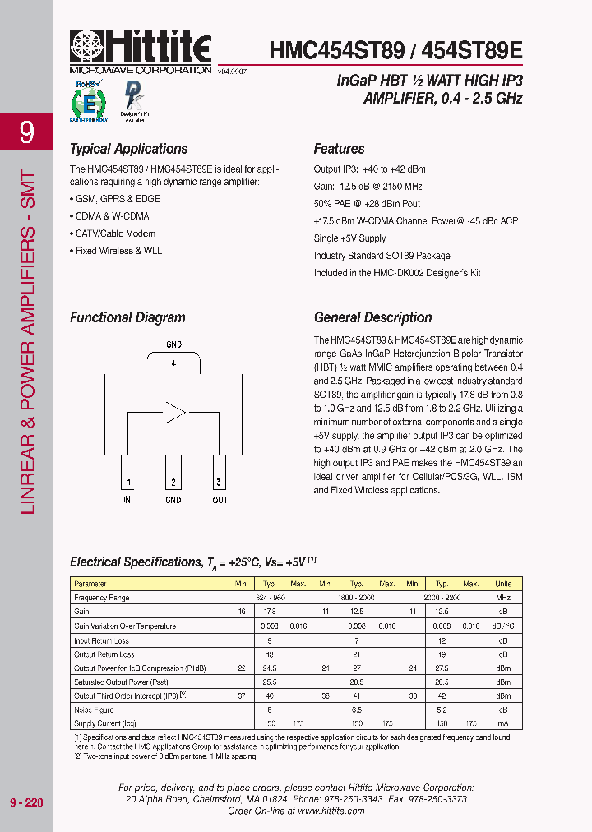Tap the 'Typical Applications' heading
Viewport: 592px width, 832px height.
coord(128,149)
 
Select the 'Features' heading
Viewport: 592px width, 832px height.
coord(339,149)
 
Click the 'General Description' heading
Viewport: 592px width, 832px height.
coord(372,317)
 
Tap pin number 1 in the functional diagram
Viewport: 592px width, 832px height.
coord(127,483)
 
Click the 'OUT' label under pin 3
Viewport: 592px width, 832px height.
coord(220,500)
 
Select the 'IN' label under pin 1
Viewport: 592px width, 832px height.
coord(127,500)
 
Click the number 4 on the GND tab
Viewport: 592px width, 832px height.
coord(173,363)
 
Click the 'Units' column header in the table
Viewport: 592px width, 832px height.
coord(502,584)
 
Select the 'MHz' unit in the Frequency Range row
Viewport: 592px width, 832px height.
coord(502,598)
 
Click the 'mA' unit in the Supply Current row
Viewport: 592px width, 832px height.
coord(502,723)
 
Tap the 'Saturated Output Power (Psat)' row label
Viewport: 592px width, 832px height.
coord(121,682)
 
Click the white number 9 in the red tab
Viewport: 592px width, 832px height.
coord(26,132)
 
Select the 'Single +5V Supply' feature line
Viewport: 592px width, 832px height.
coord(349,238)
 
